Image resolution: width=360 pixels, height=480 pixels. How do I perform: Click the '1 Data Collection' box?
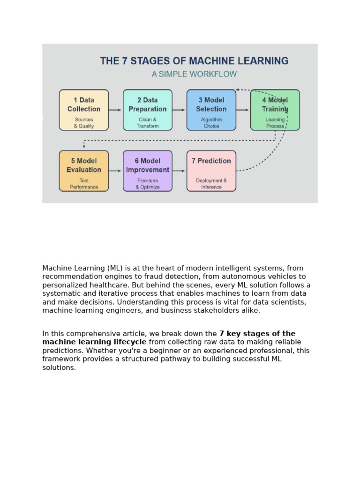tap(84, 110)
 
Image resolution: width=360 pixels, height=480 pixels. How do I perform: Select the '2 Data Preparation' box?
tap(148, 110)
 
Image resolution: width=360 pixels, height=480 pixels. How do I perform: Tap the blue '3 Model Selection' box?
tap(211, 110)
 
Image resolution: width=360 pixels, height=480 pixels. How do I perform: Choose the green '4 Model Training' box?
tap(275, 110)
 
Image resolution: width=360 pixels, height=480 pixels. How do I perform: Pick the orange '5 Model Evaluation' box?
tap(84, 171)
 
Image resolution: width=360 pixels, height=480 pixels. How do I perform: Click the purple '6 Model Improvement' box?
tap(148, 171)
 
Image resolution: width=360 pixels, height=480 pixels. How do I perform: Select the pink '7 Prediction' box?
tap(211, 171)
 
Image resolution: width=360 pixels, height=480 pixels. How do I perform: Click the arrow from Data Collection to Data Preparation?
tap(115, 110)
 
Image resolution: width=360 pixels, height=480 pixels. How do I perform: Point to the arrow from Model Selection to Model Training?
tap(243, 110)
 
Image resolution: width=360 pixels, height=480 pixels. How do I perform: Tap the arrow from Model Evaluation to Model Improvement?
tap(115, 171)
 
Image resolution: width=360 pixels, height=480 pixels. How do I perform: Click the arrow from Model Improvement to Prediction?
tap(179, 171)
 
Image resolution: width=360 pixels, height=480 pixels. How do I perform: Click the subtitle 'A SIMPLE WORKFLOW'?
tap(194, 74)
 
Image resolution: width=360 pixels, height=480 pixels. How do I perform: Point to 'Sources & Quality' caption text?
tap(84, 123)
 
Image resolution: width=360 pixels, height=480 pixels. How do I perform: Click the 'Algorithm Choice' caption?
tap(211, 123)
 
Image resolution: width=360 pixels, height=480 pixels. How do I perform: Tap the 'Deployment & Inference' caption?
tap(211, 184)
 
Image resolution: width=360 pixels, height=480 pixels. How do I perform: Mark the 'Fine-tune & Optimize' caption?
tap(148, 184)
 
